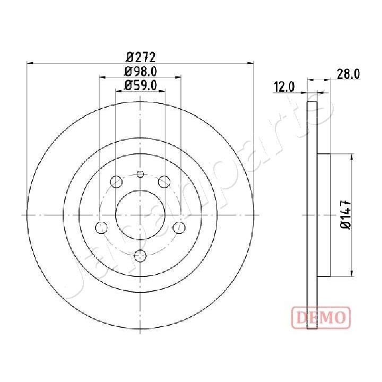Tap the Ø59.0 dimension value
[140, 86]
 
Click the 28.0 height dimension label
[349, 75]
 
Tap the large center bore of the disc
[140, 215]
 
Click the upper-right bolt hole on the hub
[164, 183]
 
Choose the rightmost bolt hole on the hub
[179, 228]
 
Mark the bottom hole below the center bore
[140, 256]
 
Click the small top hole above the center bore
[140, 175]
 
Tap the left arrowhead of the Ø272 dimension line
[30, 63]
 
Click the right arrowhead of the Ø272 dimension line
[250, 63]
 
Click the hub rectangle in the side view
[324, 215]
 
